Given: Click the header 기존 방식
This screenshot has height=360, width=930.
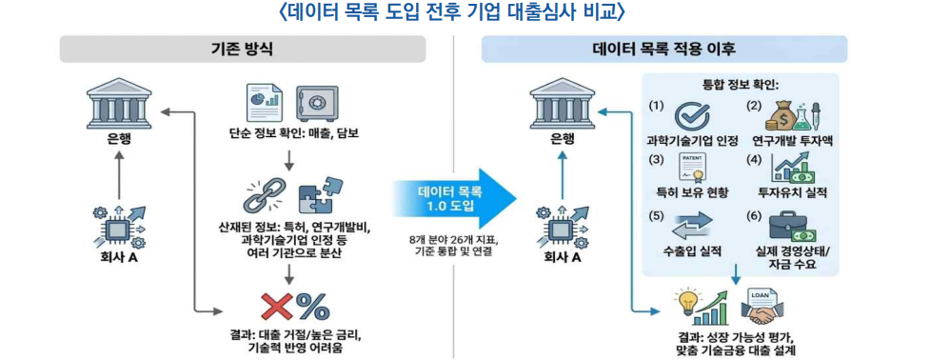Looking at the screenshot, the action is click(242, 50).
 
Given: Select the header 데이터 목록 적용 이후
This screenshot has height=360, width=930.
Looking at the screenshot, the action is click(663, 50).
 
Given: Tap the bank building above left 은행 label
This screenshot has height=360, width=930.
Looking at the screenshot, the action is click(118, 104).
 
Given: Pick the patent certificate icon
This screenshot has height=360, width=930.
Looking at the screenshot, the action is click(692, 169).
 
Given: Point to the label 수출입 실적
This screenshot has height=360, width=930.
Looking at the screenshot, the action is click(692, 251).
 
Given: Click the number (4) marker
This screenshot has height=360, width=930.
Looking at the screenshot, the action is click(753, 161).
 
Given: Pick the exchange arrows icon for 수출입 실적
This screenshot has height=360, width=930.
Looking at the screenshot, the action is click(692, 226).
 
